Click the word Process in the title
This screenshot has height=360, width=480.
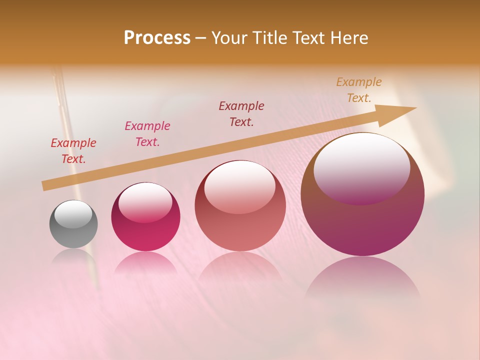point(157,38)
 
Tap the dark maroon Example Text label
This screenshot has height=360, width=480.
point(241,113)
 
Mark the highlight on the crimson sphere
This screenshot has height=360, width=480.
point(145,201)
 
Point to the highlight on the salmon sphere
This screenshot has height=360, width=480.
point(239,186)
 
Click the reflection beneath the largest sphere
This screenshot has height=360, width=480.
point(362,280)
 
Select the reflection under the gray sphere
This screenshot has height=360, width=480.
point(73,257)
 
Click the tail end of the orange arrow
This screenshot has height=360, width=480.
point(46,185)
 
